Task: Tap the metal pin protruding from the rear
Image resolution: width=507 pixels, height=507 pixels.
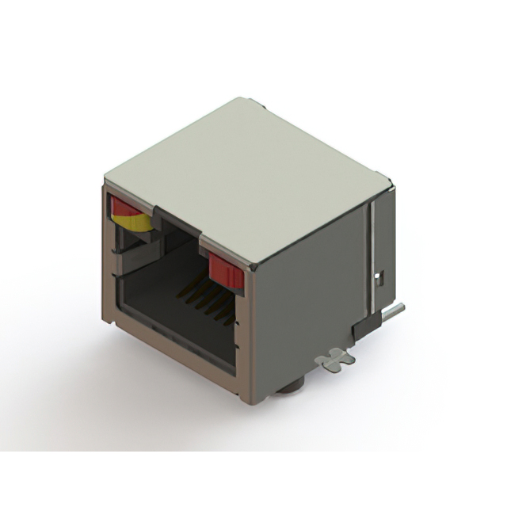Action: click(393, 311)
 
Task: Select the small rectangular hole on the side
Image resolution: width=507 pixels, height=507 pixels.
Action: click(379, 277)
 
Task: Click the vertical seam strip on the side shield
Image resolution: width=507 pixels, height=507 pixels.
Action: click(368, 253)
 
